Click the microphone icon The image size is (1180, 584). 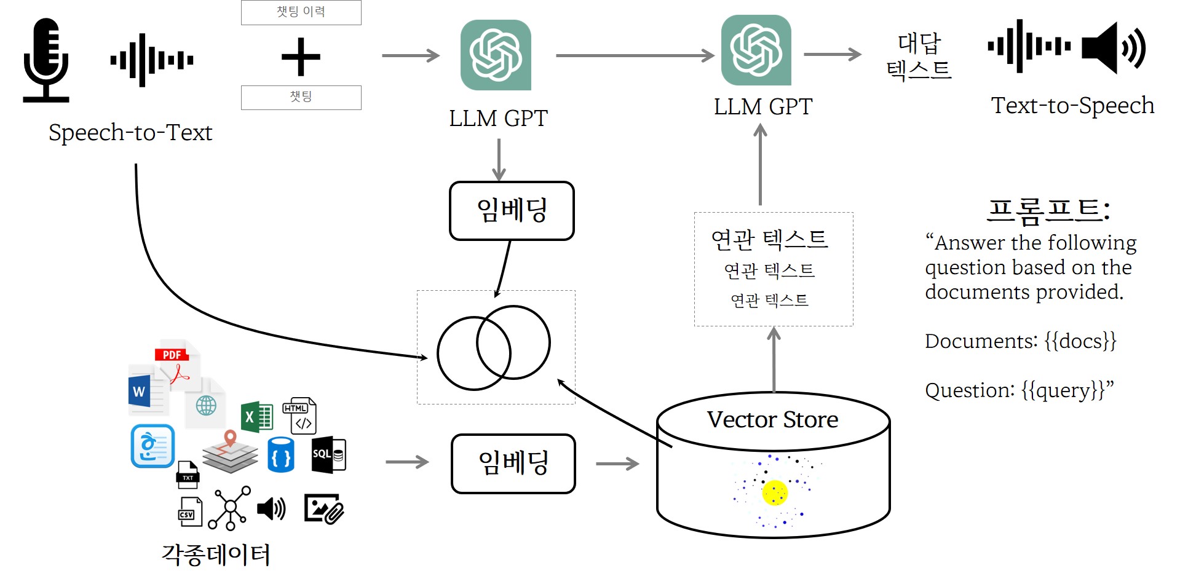pyautogui.click(x=46, y=60)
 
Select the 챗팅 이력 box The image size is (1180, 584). pyautogui.click(x=301, y=12)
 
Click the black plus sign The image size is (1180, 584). pyautogui.click(x=301, y=57)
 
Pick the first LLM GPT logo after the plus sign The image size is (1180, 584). pyautogui.click(x=496, y=55)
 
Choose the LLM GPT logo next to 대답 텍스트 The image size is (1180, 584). pyautogui.click(x=756, y=50)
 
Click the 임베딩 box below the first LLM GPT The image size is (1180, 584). pyautogui.click(x=512, y=210)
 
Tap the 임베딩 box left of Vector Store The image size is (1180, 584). pyautogui.click(x=513, y=464)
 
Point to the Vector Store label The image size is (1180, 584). pyautogui.click(x=772, y=420)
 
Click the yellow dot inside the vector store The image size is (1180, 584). pyautogui.click(x=775, y=492)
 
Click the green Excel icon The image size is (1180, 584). pyautogui.click(x=256, y=417)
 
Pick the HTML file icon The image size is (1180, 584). pyautogui.click(x=299, y=416)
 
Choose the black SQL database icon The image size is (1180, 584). pyautogui.click(x=328, y=455)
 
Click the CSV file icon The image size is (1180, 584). pyautogui.click(x=189, y=511)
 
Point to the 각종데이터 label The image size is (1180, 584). pyautogui.click(x=216, y=554)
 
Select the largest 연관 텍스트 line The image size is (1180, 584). pyautogui.click(x=769, y=239)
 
